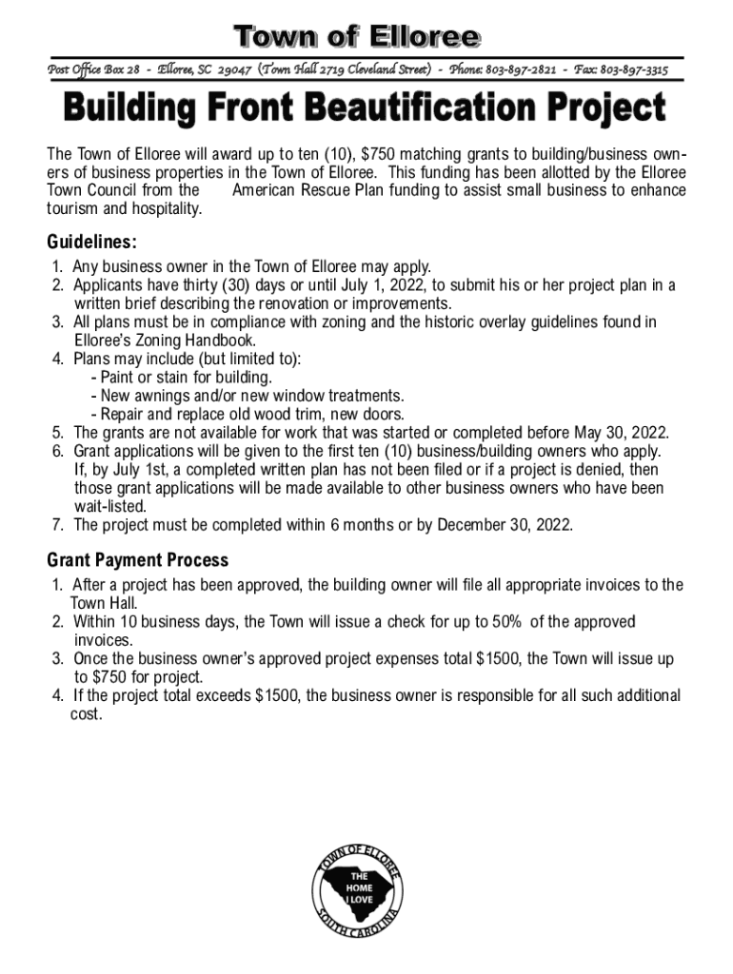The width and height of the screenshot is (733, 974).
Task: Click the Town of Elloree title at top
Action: coord(358,38)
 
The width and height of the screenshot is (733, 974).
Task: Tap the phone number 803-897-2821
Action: coord(522,70)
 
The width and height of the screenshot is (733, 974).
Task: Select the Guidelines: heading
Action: coord(92,242)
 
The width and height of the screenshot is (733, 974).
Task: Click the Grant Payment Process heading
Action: coord(137,560)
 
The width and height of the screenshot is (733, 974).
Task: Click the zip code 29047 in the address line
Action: coord(234,70)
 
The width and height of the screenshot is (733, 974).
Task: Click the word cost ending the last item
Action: coord(86,713)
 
